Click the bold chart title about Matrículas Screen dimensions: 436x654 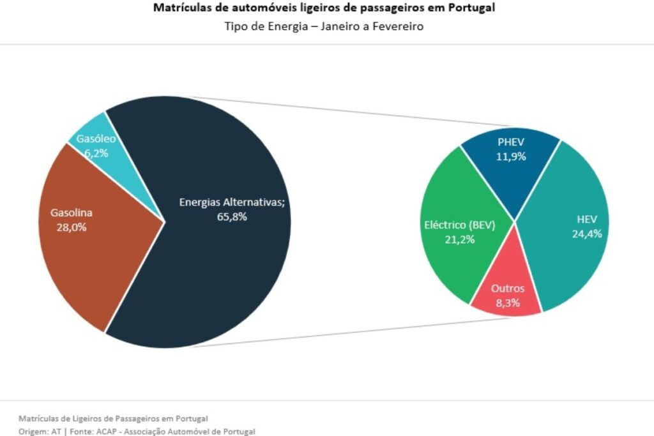tap(324, 9)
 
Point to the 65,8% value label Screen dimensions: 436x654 tap(231, 216)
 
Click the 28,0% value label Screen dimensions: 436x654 tap(72, 226)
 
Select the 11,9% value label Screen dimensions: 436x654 tap(511, 156)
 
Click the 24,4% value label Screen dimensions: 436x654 tap(586, 234)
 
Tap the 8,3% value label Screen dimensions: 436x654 tap(508, 303)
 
